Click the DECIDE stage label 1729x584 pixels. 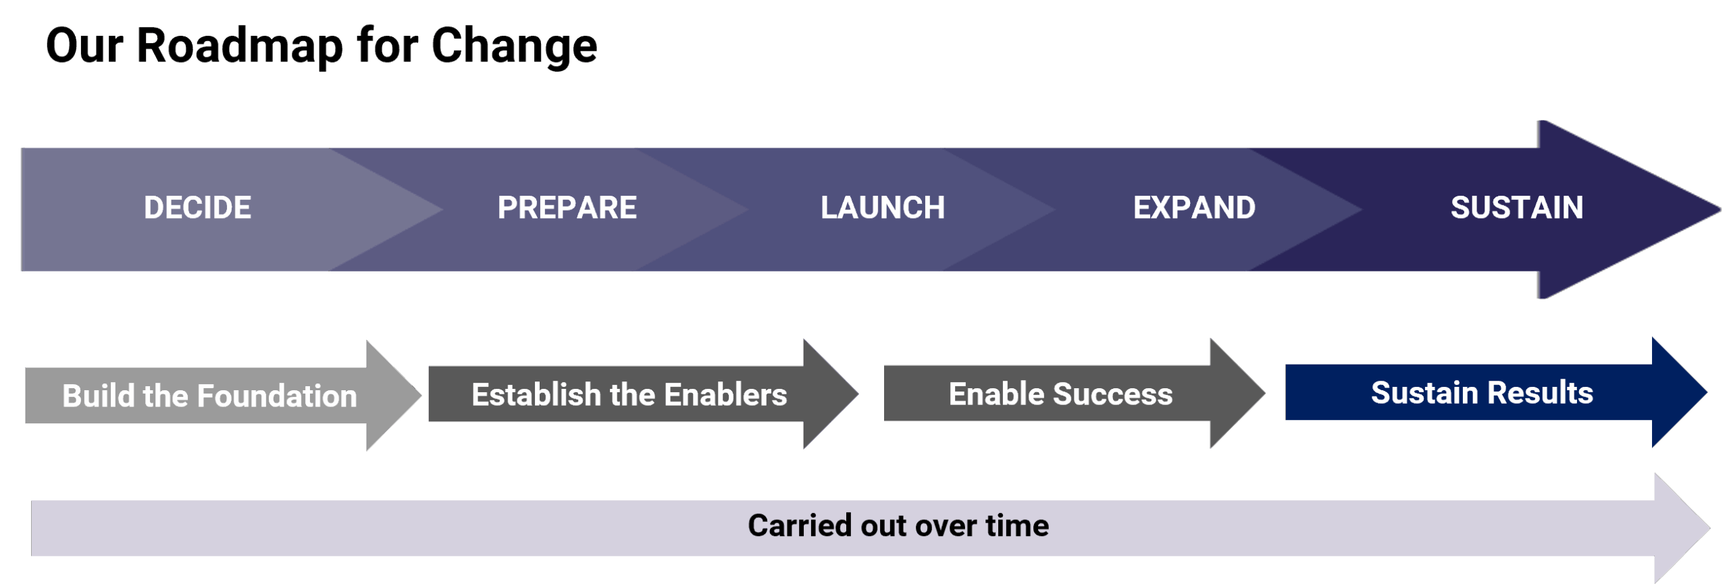coord(197,208)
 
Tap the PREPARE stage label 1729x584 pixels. coord(567,208)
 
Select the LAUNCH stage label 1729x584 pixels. coord(882,208)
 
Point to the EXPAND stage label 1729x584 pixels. coord(1194,208)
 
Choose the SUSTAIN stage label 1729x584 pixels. coord(1517,208)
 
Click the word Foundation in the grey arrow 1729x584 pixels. coord(277,396)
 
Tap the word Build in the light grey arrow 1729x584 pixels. coord(99,396)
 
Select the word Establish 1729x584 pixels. coord(536,395)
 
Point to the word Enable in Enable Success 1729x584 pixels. coord(996,394)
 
